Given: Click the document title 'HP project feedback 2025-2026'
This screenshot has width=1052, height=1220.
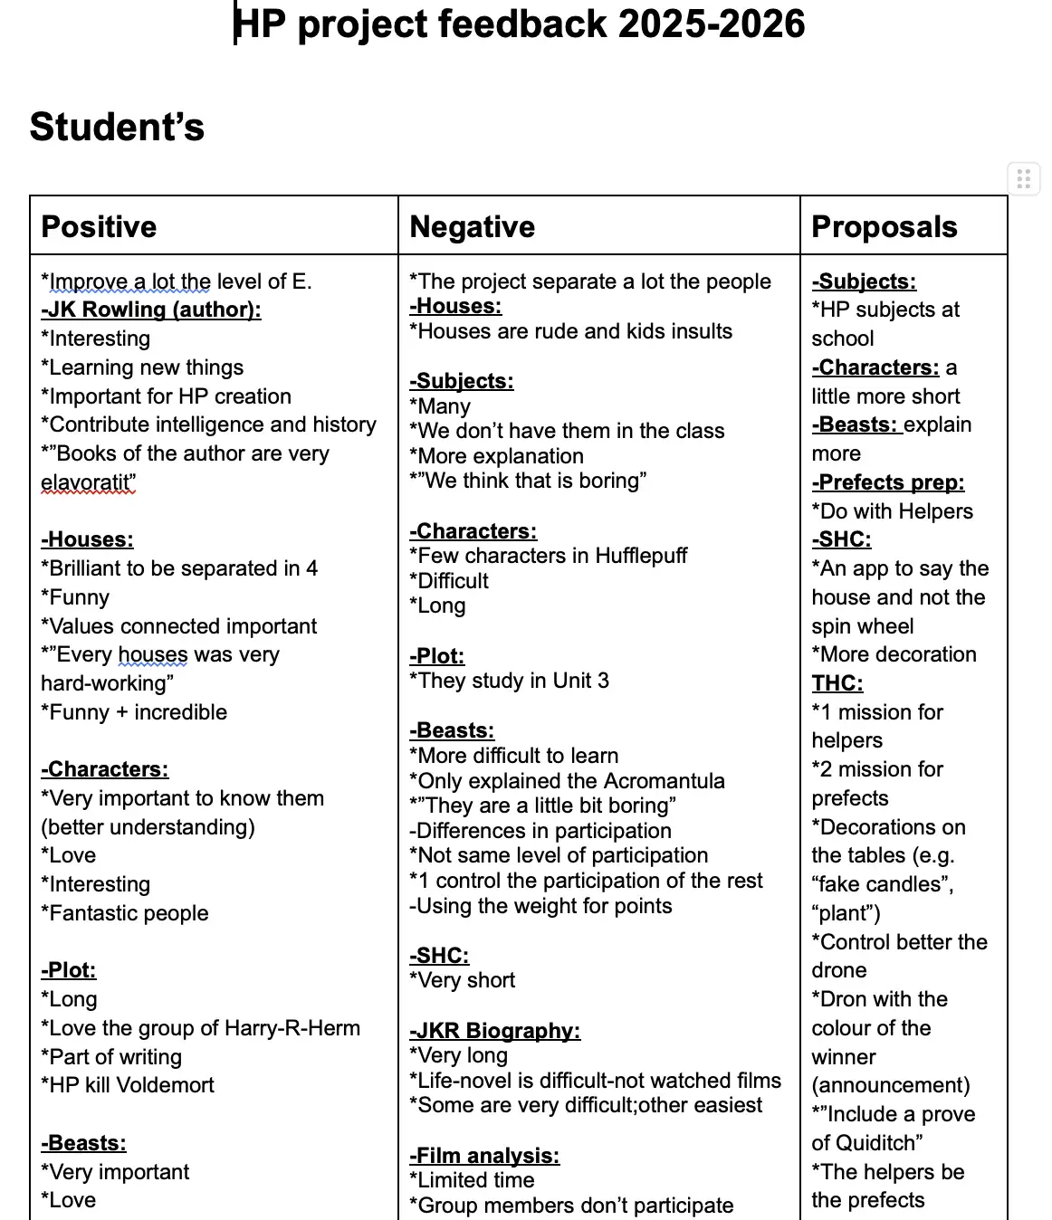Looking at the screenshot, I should click(520, 24).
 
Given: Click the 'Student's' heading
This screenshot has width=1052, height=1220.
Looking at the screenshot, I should click(117, 127).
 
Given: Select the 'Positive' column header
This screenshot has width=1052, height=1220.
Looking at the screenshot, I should click(100, 226).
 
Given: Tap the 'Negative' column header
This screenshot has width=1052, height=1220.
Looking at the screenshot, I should click(473, 226).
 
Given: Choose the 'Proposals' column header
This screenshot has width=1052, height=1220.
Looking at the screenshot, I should click(885, 226).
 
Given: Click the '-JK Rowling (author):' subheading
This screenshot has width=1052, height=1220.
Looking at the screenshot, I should click(151, 310).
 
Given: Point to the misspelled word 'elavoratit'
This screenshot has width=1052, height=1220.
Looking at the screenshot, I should click(89, 482).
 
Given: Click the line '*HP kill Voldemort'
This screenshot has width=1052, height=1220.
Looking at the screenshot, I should click(128, 1085).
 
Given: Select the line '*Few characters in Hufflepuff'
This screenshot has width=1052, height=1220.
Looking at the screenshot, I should click(549, 556).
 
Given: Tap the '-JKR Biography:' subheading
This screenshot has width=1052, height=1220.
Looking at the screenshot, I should click(495, 1031).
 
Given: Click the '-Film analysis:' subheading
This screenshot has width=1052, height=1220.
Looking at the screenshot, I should click(484, 1156).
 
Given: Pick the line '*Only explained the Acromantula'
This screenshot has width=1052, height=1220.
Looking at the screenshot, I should click(568, 781).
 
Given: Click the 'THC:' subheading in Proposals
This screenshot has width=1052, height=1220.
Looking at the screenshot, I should click(837, 683).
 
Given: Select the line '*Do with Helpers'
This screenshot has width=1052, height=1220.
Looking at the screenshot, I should click(893, 511).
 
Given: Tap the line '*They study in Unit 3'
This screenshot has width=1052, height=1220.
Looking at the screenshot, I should click(510, 681).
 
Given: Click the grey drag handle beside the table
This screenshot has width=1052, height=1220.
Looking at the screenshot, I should click(1024, 179).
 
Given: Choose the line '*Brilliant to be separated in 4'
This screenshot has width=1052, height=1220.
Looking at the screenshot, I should click(179, 568).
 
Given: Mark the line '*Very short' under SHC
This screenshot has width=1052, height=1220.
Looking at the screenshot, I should click(463, 980).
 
